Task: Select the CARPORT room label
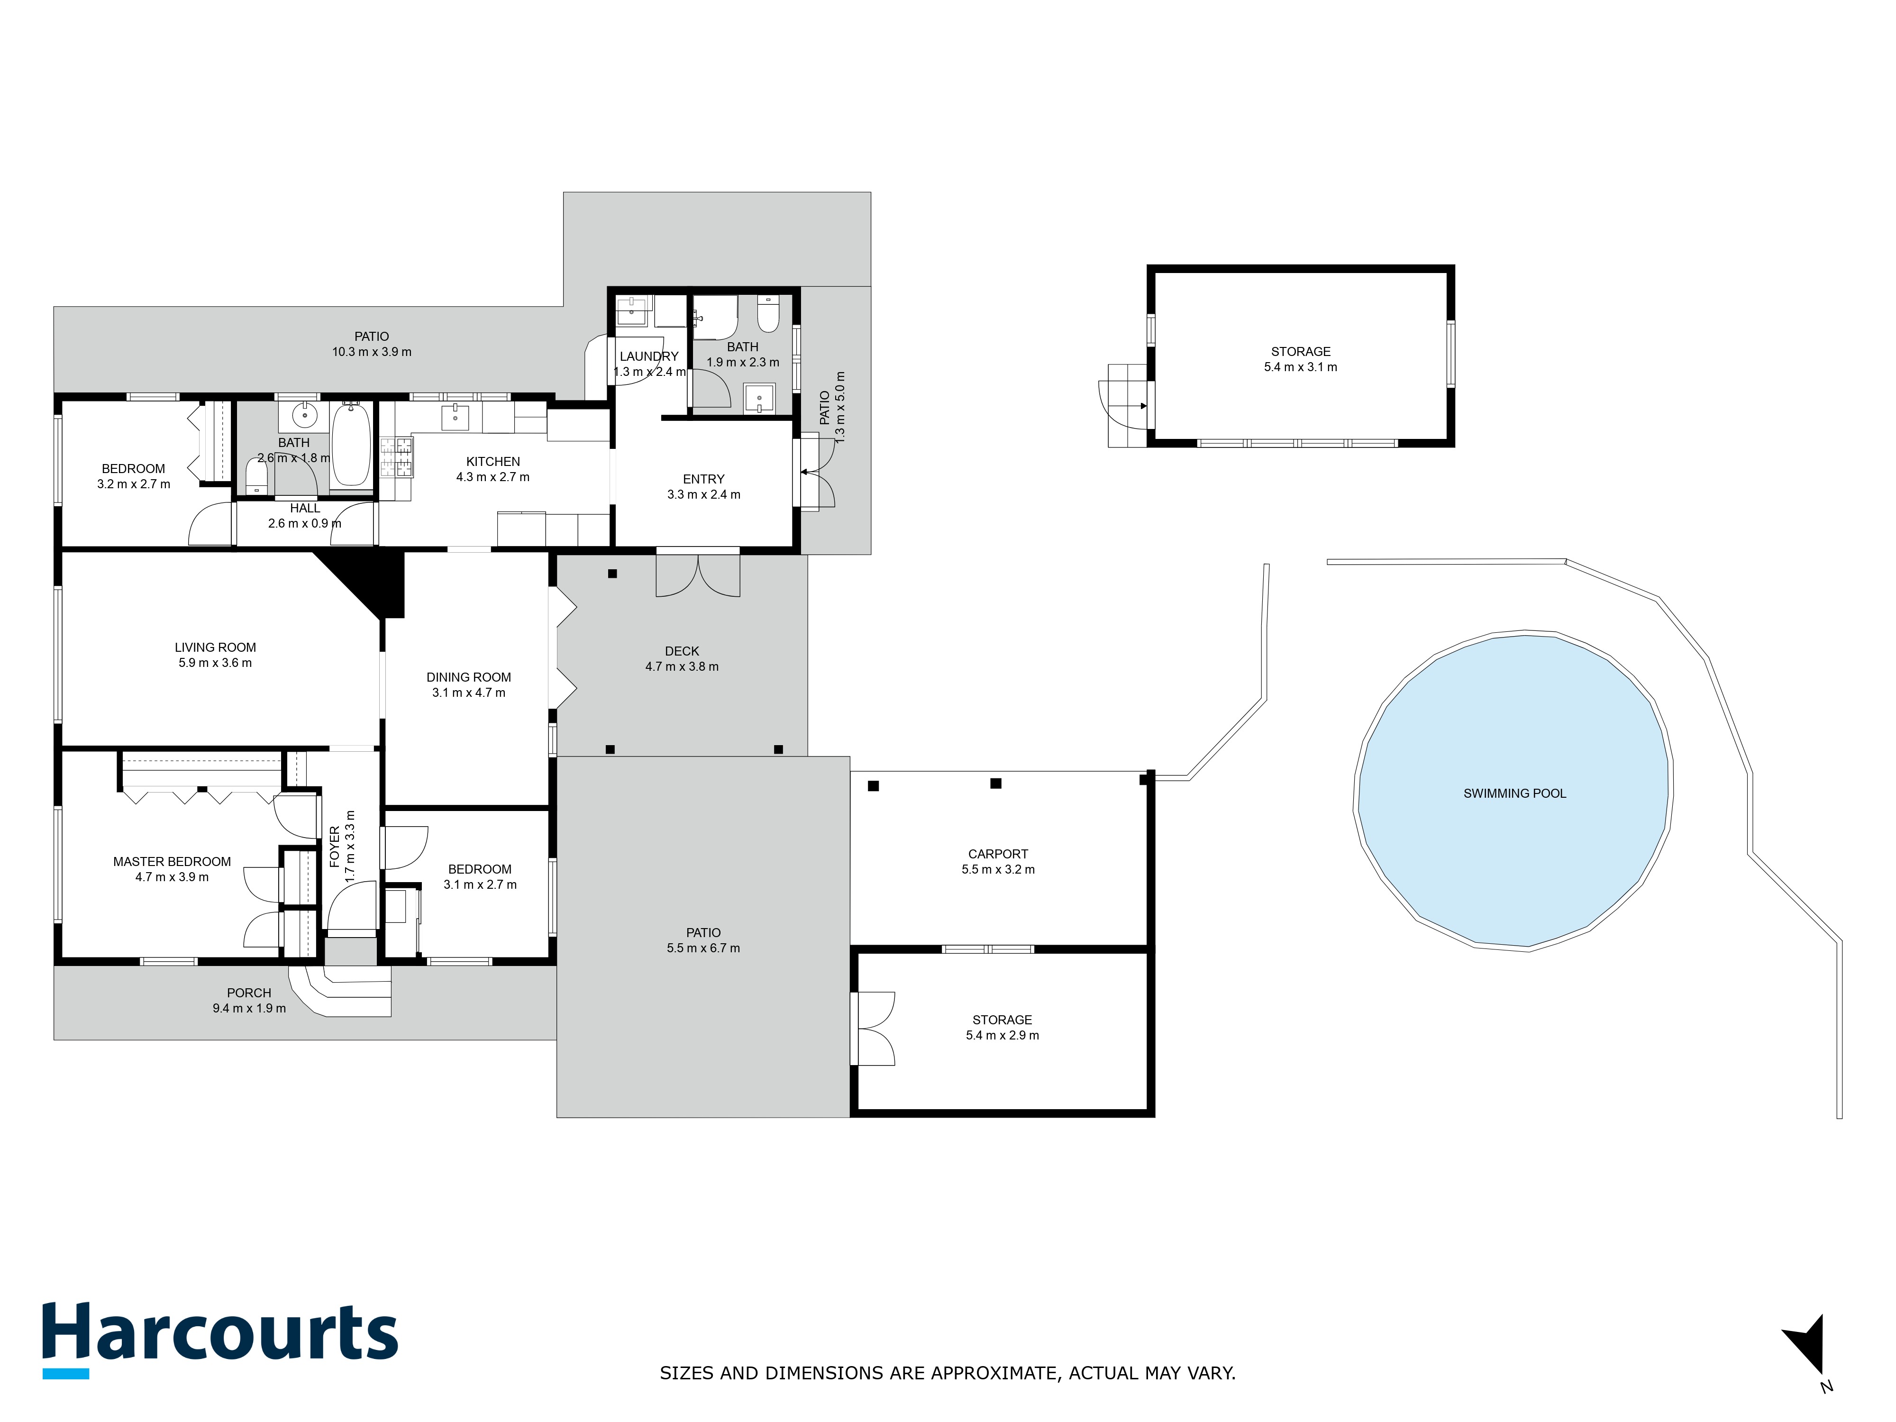[998, 854]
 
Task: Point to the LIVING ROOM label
[215, 647]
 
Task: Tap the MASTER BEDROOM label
[172, 861]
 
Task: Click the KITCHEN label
[493, 461]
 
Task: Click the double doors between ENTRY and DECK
[698, 574]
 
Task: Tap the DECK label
[682, 651]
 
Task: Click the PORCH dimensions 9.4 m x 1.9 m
[249, 1008]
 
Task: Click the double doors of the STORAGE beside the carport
[874, 1029]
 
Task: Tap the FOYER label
[334, 847]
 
